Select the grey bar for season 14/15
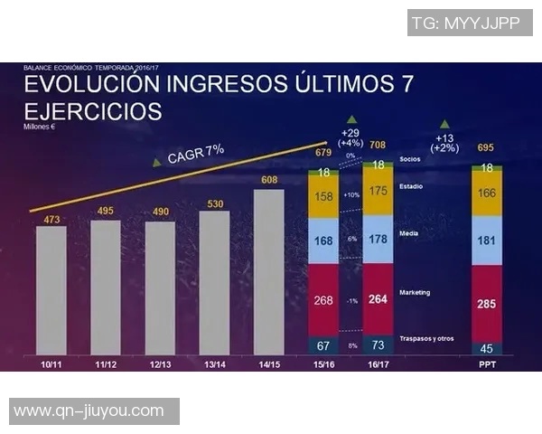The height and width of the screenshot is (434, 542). (x=269, y=271)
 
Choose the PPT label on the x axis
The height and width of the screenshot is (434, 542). (x=486, y=363)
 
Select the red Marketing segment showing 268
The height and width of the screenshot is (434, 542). (x=323, y=300)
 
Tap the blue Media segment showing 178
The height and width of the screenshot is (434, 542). (x=378, y=239)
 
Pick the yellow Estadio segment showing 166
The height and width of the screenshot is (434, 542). (x=486, y=193)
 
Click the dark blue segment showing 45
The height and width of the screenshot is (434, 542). (x=486, y=348)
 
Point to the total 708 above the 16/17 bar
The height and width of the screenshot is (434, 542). (x=378, y=146)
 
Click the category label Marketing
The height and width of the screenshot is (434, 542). (x=415, y=292)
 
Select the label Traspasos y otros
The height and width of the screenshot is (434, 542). (x=425, y=339)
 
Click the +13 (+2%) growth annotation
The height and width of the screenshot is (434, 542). (x=444, y=142)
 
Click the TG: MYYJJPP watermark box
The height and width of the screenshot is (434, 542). (x=470, y=23)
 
